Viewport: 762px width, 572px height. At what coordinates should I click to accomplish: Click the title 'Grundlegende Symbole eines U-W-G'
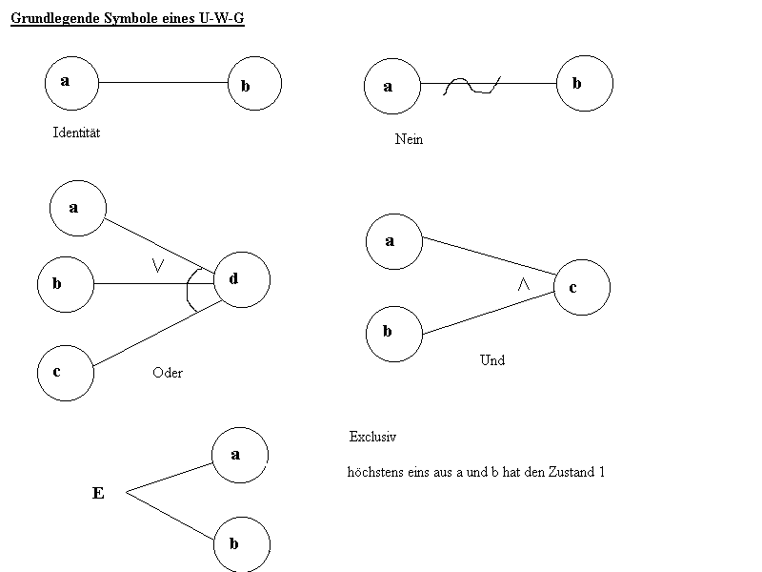[128, 18]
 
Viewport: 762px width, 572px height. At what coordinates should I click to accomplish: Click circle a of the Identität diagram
[72, 81]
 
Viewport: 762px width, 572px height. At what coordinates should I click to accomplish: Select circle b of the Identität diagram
[254, 84]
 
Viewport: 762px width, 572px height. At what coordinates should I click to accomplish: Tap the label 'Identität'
[76, 133]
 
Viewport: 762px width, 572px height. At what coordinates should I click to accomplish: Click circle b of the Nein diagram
[584, 84]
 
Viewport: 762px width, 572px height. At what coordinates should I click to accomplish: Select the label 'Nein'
[409, 139]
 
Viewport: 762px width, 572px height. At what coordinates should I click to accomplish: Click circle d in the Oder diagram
[242, 279]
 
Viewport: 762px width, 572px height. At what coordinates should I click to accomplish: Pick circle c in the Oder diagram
[65, 372]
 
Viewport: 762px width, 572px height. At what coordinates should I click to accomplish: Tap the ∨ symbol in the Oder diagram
[159, 268]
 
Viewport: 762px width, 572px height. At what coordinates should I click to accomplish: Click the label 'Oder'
[168, 373]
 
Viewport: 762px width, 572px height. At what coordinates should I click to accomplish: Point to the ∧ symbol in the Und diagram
[522, 284]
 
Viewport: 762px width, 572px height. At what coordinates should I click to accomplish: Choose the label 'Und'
[492, 360]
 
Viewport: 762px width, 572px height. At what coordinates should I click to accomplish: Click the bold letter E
[97, 493]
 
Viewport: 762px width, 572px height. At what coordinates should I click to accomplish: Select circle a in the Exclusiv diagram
[240, 455]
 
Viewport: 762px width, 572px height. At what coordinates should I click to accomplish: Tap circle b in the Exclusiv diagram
[241, 544]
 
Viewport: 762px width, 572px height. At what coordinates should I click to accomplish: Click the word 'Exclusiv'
[372, 437]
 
